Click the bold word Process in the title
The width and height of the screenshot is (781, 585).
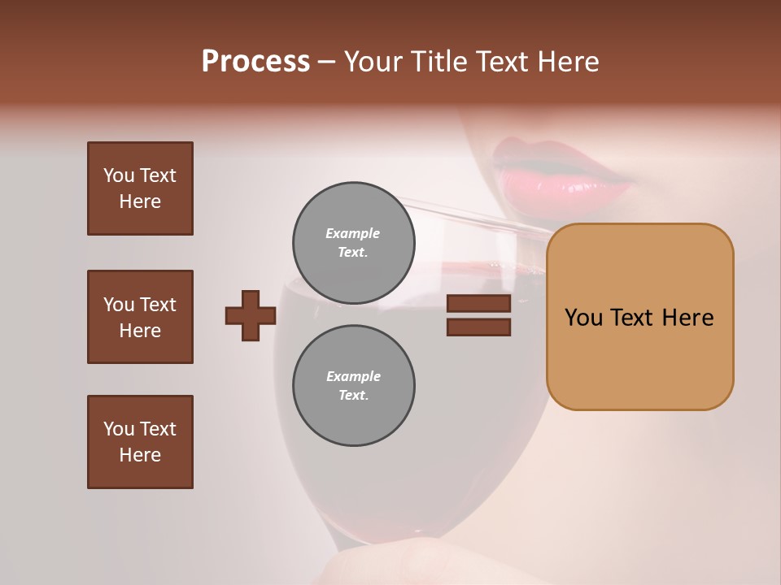coord(255,62)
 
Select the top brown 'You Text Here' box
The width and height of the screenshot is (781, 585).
coord(140,188)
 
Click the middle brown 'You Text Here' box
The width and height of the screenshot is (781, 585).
coord(140,317)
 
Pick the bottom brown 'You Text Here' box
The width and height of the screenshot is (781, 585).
coord(140,441)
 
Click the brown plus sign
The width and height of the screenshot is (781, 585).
coord(251,315)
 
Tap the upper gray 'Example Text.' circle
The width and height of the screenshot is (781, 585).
coord(353,242)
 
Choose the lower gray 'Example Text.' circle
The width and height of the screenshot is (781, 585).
coord(353,385)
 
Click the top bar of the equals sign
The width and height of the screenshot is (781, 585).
coord(478,304)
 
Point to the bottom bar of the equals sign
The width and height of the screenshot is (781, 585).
coord(478,327)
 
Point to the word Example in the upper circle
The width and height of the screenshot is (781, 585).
coord(353,233)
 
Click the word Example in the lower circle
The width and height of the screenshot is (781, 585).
coord(353,376)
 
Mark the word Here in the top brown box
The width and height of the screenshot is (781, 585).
coord(140,201)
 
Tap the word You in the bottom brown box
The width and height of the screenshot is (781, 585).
coord(119,429)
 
